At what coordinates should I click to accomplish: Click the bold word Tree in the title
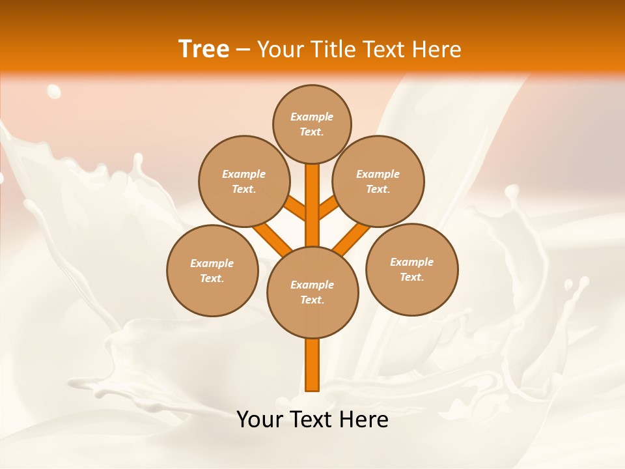204,50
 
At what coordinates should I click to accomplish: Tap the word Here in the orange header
437,50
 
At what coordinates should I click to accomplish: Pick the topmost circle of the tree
312,124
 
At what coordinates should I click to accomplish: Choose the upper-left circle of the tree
244,181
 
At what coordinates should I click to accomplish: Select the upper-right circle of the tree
378,181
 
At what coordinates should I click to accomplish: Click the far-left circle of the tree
212,270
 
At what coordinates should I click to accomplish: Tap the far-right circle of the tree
412,269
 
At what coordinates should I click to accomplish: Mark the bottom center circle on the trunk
312,292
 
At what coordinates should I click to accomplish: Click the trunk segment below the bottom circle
312,365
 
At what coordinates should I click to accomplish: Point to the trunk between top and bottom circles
312,205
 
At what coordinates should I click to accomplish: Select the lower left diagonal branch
272,237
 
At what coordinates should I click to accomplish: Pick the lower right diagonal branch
352,238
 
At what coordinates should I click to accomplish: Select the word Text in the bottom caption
312,419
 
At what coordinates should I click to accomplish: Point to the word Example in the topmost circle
312,117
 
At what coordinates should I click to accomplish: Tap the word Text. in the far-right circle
411,277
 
